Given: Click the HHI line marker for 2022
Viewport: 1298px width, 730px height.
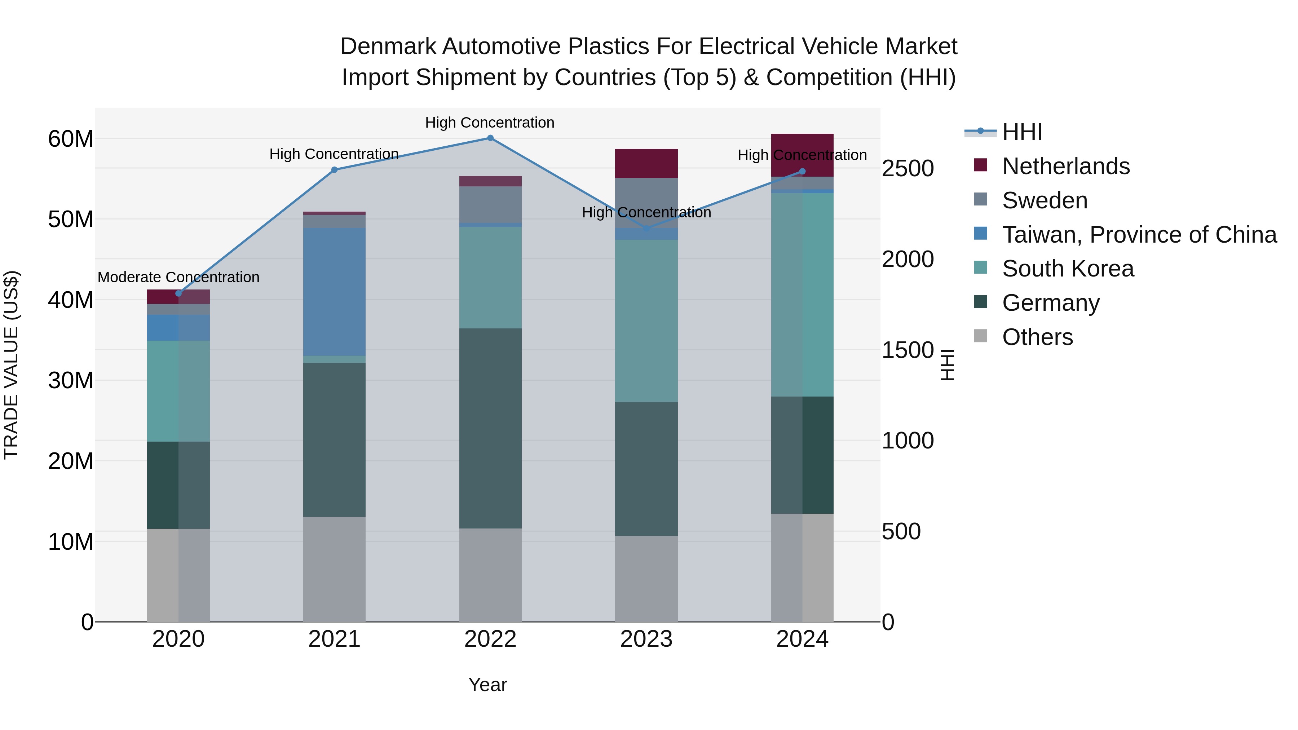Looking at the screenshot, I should [490, 138].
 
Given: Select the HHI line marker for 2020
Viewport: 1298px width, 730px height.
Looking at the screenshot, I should [178, 294].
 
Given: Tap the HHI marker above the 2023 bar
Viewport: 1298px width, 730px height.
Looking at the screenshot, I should [646, 229].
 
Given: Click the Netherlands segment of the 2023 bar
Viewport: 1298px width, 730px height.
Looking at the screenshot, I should [646, 164].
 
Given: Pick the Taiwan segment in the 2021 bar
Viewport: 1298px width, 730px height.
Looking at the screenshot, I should [334, 292].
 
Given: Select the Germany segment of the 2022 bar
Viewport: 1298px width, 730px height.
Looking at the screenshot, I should [490, 428].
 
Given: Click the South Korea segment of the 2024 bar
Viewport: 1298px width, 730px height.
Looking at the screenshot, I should [802, 295].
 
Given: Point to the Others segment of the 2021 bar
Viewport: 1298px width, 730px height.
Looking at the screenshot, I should [334, 569].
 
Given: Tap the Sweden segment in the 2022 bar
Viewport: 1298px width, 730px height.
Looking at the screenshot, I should [490, 204].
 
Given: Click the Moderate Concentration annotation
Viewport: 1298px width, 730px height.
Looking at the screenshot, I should [178, 278].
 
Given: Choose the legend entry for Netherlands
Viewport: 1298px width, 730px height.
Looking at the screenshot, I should [1066, 166].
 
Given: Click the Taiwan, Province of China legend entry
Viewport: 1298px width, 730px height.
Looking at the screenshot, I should [1139, 235].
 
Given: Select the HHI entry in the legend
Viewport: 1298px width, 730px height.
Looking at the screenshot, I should [1022, 132].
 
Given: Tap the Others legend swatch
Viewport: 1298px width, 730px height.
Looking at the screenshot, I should [981, 336].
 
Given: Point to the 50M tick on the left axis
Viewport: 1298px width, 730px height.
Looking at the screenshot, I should [71, 220].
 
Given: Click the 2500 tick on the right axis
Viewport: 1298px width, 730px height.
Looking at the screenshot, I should [908, 168].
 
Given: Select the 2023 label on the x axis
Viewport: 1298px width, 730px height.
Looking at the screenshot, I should [646, 639].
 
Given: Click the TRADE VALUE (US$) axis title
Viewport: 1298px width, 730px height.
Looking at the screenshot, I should [11, 365].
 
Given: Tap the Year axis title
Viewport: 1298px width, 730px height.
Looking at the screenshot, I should [487, 685].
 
